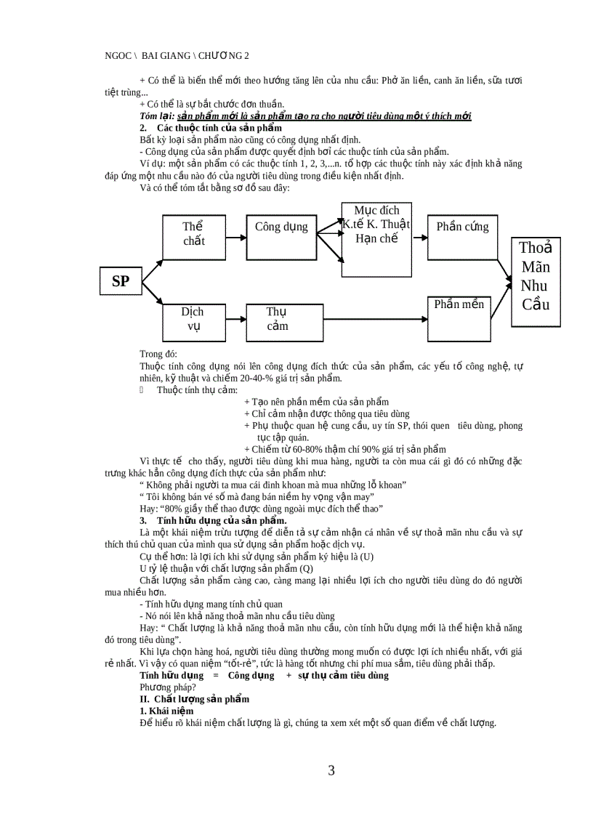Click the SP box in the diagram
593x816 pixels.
121,281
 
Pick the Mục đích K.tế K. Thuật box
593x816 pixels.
376,239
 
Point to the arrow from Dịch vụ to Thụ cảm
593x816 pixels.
236,320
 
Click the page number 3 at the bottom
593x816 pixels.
331,771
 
